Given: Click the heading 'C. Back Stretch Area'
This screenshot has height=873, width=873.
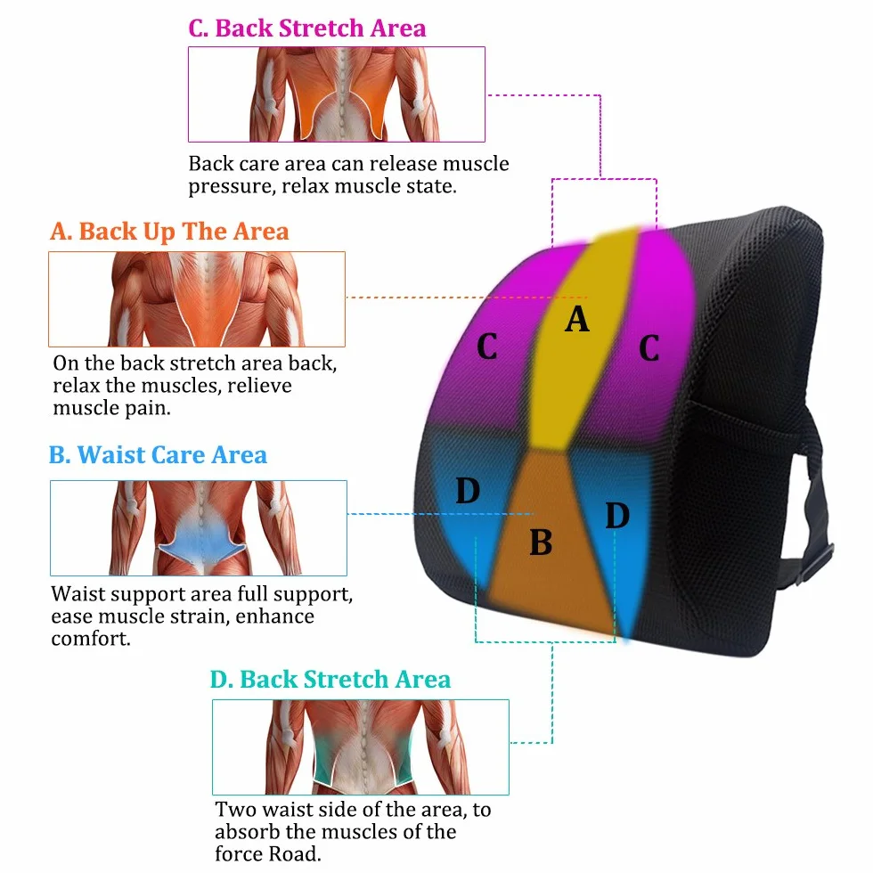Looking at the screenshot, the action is click(x=306, y=29).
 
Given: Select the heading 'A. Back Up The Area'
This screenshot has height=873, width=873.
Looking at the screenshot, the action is click(x=169, y=232).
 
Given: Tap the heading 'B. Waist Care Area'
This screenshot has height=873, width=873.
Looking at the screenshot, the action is click(x=159, y=455).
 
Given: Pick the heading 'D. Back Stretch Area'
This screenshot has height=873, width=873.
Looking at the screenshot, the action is click(x=330, y=679).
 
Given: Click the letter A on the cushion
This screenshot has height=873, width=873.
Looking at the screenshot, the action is click(x=577, y=319).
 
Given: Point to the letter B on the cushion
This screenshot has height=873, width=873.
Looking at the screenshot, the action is click(x=541, y=543).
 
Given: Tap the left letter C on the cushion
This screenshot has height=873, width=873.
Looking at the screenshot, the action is click(x=487, y=347).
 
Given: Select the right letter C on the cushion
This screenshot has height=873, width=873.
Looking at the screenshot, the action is click(x=649, y=348).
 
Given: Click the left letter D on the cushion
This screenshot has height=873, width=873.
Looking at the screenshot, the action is click(x=468, y=491).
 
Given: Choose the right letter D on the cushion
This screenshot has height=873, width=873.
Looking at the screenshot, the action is click(x=617, y=516).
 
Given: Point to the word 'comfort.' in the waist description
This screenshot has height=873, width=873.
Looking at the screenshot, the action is click(x=91, y=639).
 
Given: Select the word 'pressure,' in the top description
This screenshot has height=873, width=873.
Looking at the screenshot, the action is click(x=233, y=186).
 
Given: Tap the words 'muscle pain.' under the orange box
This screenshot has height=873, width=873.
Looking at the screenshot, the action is click(x=112, y=408).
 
